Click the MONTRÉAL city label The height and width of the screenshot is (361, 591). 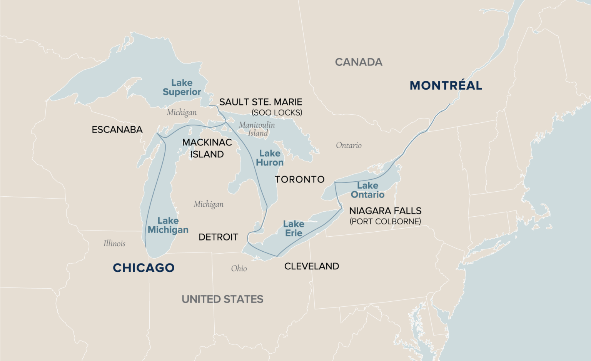point(446,85)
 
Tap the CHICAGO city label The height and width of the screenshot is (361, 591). point(144,268)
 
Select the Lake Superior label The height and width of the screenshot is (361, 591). point(182,87)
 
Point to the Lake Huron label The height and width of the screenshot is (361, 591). point(270,158)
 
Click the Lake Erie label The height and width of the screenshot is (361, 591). point(294,229)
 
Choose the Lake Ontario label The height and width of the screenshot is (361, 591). point(367,190)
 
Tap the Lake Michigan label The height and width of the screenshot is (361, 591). point(168,225)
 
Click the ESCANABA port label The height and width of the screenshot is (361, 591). point(117,130)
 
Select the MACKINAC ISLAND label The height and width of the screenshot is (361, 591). point(207,148)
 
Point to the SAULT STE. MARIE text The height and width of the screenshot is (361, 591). point(260,102)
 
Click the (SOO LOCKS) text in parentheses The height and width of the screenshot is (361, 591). point(277,113)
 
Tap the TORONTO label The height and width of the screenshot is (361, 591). point(300,179)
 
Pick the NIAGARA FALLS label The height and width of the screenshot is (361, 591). point(385,211)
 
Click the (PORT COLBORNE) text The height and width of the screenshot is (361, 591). point(385,222)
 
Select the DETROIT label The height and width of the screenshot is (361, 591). point(218,237)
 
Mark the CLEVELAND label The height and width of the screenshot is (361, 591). point(312,266)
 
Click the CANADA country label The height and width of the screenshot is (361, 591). point(359,62)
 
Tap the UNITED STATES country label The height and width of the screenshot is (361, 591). point(222,299)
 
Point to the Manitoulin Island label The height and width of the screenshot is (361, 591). point(257,129)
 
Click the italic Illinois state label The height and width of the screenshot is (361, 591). point(114,243)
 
